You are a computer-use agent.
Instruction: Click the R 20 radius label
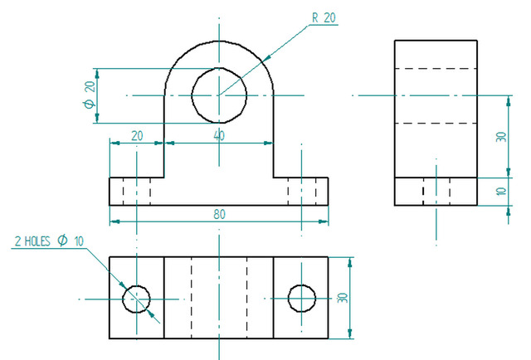pyautogui.click(x=324, y=18)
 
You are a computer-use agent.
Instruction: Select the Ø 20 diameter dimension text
pyautogui.click(x=90, y=95)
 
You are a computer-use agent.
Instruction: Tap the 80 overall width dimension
pyautogui.click(x=219, y=214)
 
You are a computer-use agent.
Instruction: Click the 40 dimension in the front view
pyautogui.click(x=219, y=136)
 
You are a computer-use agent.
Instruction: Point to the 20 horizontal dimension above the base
pyautogui.click(x=137, y=136)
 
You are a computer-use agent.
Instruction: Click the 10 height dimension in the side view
pyautogui.click(x=501, y=192)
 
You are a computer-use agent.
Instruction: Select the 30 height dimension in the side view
pyautogui.click(x=501, y=137)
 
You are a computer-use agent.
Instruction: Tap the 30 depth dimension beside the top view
pyautogui.click(x=343, y=298)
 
